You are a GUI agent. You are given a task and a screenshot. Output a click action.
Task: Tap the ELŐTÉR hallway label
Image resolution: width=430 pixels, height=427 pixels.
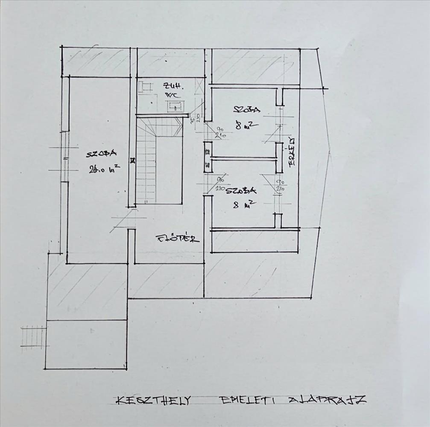pyautogui.click(x=178, y=238)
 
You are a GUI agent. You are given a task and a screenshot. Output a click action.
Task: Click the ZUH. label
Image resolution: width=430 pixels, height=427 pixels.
pyautogui.click(x=172, y=86)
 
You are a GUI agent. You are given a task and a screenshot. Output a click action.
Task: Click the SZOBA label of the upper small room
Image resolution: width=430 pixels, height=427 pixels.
pyautogui.click(x=246, y=109)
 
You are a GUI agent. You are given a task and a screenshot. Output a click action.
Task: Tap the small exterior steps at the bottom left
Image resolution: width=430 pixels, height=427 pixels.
pyautogui.click(x=33, y=336)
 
